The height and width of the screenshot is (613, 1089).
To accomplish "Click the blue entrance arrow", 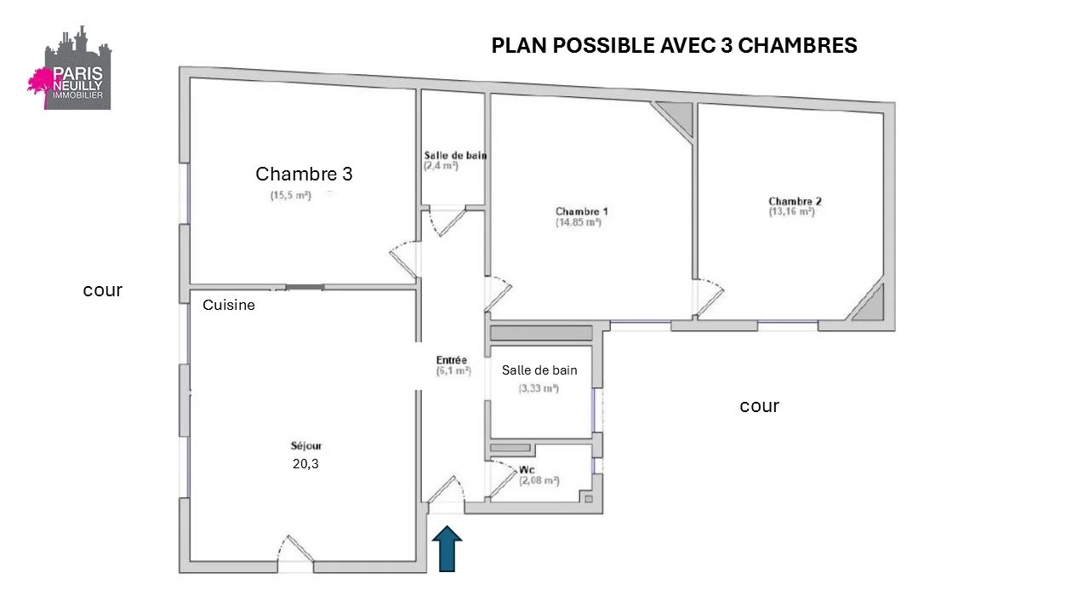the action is coord(447,548).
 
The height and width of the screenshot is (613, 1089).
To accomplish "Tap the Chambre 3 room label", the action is coord(304,174).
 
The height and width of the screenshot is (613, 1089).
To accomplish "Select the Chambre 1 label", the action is coord(581,211).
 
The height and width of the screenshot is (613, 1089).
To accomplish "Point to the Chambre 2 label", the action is coord(795,201).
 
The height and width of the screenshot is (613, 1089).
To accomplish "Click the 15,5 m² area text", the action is coord(291,195).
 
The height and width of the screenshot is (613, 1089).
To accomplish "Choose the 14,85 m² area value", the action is coord(579,222).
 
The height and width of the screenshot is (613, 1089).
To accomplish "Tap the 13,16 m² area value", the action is coord(791,212).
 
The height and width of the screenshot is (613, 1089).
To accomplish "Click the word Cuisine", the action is coord(229,305).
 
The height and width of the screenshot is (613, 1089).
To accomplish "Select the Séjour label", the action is coord(306,445).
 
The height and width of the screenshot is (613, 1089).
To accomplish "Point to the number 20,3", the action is coord(305,464).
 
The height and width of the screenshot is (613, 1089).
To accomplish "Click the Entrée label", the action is coord(451,360).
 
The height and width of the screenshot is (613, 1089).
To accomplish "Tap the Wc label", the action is coord(527,469).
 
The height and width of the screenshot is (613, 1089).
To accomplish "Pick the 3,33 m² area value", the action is coord(539,388).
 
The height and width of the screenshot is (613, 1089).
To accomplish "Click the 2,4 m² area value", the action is coord(441,166).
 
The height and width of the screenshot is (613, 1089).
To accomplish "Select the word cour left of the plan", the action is coord(103,290).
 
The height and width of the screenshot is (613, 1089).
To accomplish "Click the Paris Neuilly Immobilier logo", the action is coord(70,67).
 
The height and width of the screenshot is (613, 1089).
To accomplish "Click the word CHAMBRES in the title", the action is coord(797,45).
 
